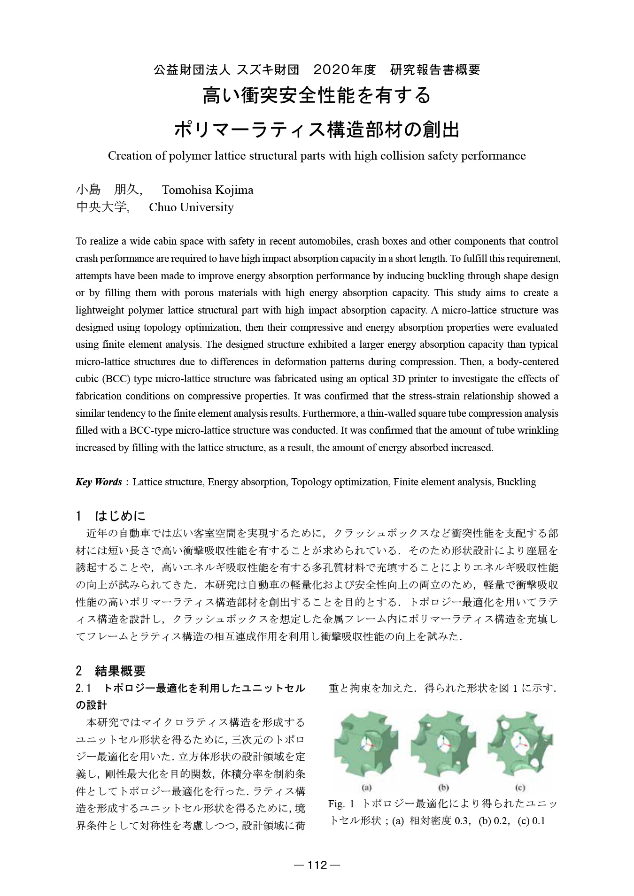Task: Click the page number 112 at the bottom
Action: (x=317, y=865)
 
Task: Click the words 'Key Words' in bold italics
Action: (x=99, y=482)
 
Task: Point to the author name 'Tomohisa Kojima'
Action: (x=207, y=190)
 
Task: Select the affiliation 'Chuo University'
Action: (x=191, y=207)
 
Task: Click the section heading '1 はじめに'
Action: (x=111, y=516)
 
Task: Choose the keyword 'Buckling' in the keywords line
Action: (x=516, y=482)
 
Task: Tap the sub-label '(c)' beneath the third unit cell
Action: (x=520, y=788)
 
